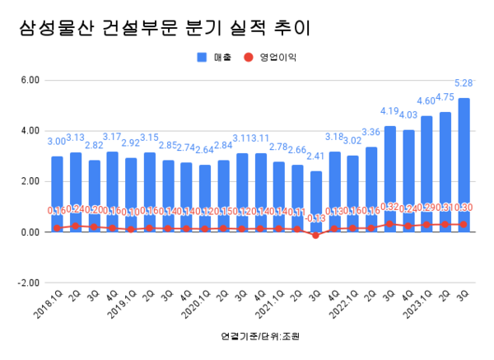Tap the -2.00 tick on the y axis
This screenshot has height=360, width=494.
[30, 282]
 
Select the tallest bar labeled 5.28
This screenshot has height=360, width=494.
[464, 165]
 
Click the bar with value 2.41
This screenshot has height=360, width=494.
[316, 202]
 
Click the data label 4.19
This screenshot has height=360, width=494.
[389, 111]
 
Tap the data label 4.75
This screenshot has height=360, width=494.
[445, 97]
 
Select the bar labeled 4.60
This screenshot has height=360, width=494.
[427, 173]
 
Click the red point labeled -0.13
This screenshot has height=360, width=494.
[316, 235]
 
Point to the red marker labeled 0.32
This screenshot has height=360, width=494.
[390, 223]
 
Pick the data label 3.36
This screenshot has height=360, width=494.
[371, 133]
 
